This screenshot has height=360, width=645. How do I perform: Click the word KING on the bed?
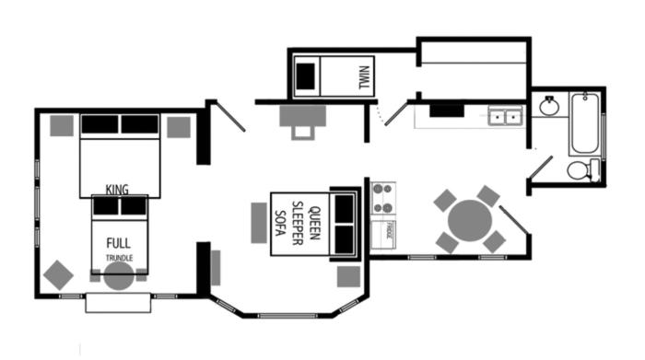pyautogui.click(x=117, y=190)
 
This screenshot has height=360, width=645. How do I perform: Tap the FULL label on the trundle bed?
pyautogui.click(x=118, y=245)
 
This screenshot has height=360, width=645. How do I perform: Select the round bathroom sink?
pyautogui.click(x=550, y=106)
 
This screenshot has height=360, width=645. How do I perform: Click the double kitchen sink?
pyautogui.click(x=504, y=117)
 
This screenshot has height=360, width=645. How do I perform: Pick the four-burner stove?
pyautogui.click(x=383, y=195)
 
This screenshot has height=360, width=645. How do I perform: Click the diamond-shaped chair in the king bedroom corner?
pyautogui.click(x=58, y=274)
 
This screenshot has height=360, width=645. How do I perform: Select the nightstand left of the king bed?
pyautogui.click(x=62, y=125)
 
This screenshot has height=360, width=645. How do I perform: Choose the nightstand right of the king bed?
pyautogui.click(x=179, y=126)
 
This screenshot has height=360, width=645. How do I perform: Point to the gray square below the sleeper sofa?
pyautogui.click(x=348, y=276)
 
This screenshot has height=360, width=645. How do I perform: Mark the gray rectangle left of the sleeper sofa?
pyautogui.click(x=258, y=222)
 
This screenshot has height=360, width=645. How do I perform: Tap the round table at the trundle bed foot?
pyautogui.click(x=118, y=276)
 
